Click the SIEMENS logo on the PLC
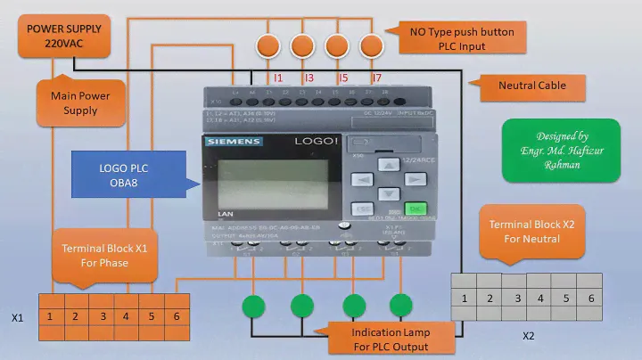234,141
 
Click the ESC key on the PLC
360,209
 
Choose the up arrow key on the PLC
388,165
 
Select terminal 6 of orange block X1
177,316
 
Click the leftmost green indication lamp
253,307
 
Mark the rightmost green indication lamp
404,307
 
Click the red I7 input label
376,78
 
